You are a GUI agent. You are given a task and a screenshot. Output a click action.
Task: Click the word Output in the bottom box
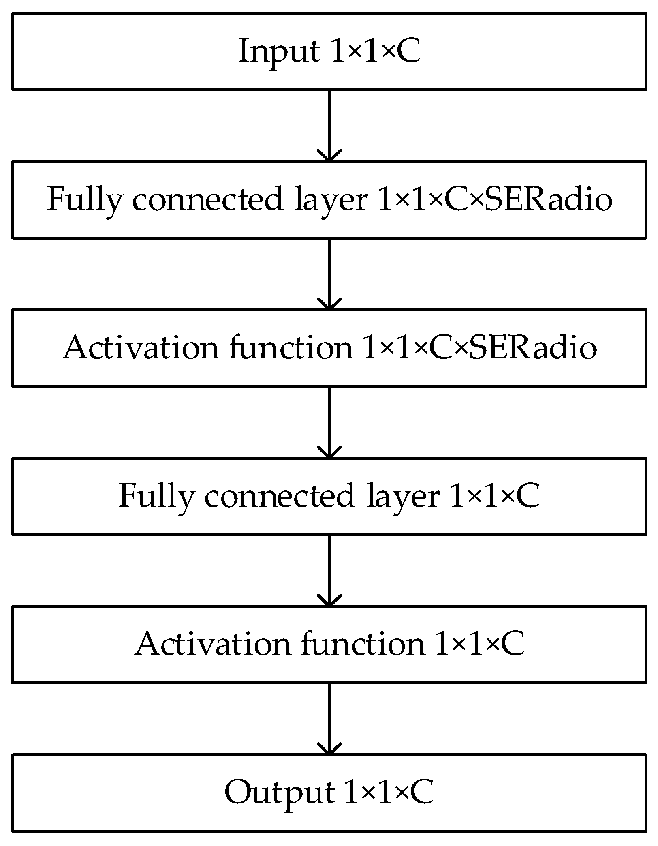tap(280, 792)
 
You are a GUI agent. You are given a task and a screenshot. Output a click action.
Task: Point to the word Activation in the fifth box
tap(213, 644)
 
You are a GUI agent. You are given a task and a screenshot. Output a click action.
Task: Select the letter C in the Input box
tap(408, 51)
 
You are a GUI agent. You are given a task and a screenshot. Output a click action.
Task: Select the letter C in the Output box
tap(421, 792)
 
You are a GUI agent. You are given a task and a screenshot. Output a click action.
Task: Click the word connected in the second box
tap(207, 199)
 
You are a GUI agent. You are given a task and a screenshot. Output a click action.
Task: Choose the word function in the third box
tap(291, 348)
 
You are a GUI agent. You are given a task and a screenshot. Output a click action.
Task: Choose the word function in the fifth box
tap(362, 644)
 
